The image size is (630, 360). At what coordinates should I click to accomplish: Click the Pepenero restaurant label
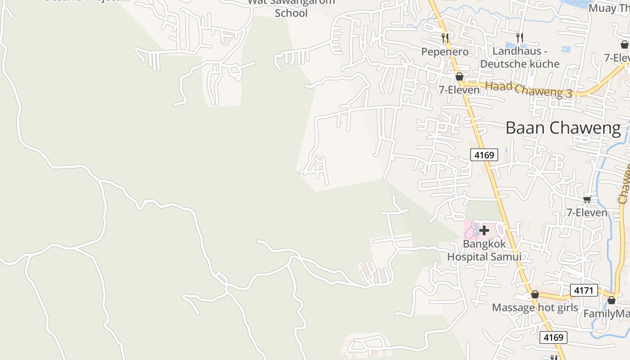tap(445, 52)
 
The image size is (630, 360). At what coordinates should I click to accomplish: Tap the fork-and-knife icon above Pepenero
tap(445, 38)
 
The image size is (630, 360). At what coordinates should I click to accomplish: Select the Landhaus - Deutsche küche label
tap(520, 57)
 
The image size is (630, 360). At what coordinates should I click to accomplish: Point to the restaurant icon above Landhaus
tap(520, 38)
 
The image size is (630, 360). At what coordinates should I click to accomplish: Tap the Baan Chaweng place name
tap(563, 128)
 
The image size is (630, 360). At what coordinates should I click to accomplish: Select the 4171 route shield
tap(584, 290)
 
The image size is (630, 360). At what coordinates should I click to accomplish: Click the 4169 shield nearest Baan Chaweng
tap(484, 155)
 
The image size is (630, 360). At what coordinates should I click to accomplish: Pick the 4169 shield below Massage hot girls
tap(553, 337)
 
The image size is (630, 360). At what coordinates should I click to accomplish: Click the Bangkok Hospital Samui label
tap(484, 250)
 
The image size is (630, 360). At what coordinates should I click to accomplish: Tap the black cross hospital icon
tap(484, 231)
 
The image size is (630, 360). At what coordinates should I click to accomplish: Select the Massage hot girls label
tap(535, 308)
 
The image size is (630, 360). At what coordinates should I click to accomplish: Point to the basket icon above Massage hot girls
tap(535, 295)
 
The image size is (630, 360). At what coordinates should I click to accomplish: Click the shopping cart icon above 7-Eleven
tap(587, 199)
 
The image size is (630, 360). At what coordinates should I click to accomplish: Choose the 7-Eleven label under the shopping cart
tap(587, 212)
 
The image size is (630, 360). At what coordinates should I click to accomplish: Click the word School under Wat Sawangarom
tap(291, 13)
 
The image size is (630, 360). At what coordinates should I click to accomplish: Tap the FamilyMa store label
tap(607, 314)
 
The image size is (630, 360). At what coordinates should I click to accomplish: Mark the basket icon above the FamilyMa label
tap(612, 300)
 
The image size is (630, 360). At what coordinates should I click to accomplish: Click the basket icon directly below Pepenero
tap(459, 76)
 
